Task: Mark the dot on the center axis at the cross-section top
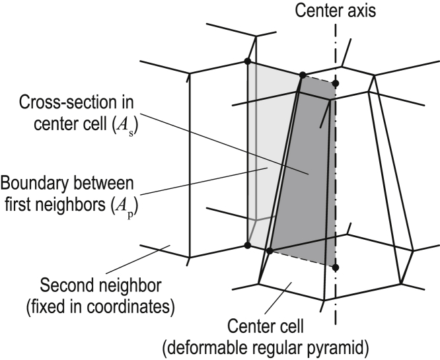[336, 84]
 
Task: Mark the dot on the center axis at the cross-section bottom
[336, 268]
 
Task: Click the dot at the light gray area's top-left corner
[247, 62]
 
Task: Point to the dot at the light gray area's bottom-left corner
[247, 245]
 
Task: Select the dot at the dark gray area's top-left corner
[303, 75]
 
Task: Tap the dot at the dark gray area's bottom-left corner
[269, 251]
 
